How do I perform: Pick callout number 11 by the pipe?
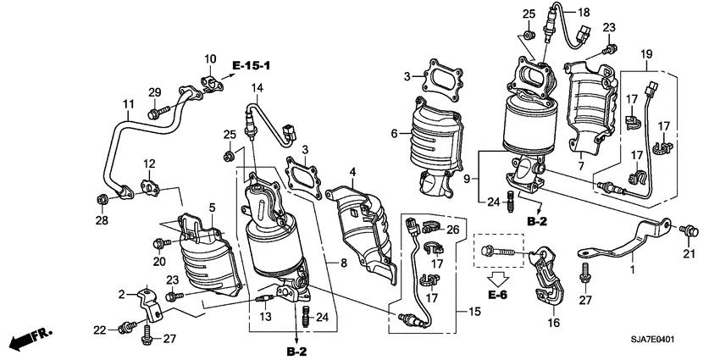[x=103, y=105]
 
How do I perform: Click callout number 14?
[x=257, y=88]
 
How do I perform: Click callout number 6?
[x=394, y=134]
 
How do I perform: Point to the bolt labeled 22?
[x=130, y=325]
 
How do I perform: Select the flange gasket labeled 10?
[x=208, y=81]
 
